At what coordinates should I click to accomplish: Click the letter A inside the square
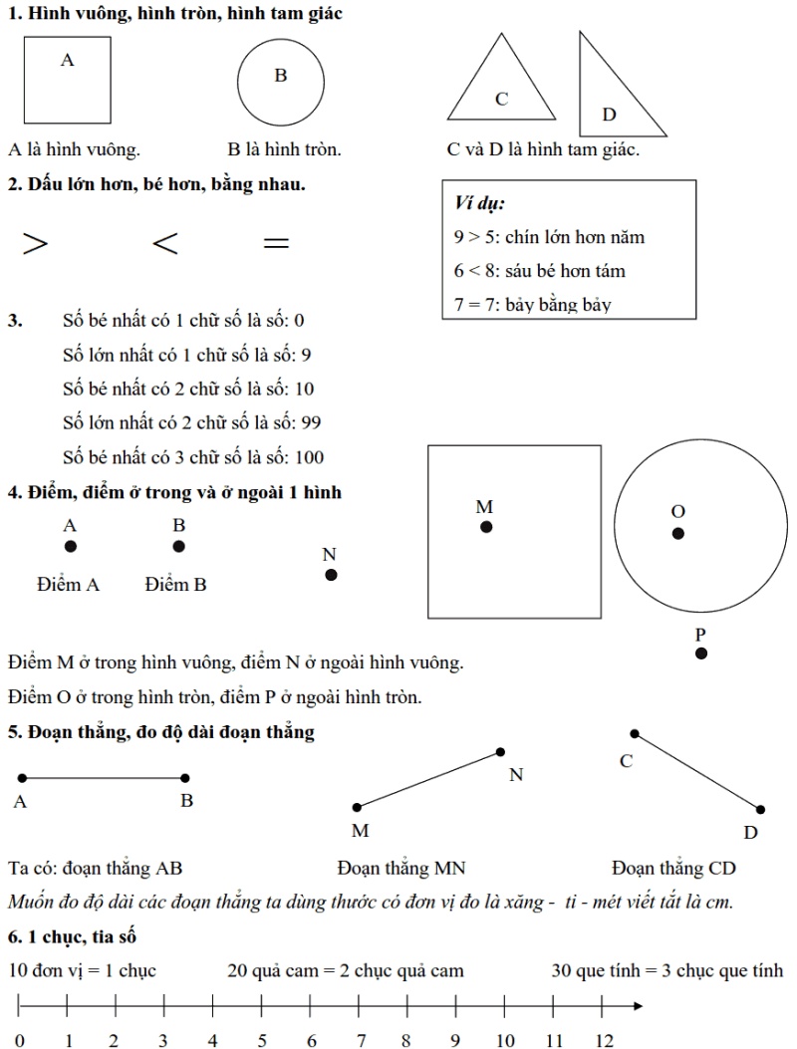pyautogui.click(x=68, y=61)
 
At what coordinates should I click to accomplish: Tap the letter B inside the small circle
pyautogui.click(x=281, y=76)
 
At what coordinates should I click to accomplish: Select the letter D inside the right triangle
pyautogui.click(x=610, y=116)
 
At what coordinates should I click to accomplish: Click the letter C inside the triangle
pyautogui.click(x=502, y=99)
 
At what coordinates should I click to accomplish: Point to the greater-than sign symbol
pyautogui.click(x=36, y=244)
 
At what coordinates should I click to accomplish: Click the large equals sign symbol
pyautogui.click(x=275, y=243)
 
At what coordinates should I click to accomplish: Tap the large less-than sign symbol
pyautogui.click(x=165, y=244)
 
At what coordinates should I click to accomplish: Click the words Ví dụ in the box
pyautogui.click(x=479, y=204)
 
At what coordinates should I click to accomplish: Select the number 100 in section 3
pyautogui.click(x=310, y=458)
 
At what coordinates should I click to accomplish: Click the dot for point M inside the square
pyautogui.click(x=486, y=527)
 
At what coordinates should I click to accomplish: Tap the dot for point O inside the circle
pyautogui.click(x=678, y=533)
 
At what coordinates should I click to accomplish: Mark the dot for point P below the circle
pyautogui.click(x=701, y=654)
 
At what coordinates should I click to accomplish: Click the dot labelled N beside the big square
pyautogui.click(x=331, y=575)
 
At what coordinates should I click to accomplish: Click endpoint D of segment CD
pyautogui.click(x=761, y=810)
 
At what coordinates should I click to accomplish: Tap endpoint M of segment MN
pyautogui.click(x=357, y=807)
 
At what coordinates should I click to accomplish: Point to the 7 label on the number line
pyautogui.click(x=361, y=1041)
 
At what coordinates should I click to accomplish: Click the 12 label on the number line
pyautogui.click(x=605, y=1041)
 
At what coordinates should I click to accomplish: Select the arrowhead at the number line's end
pyautogui.click(x=637, y=1008)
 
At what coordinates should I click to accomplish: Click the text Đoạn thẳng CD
pyautogui.click(x=673, y=869)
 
